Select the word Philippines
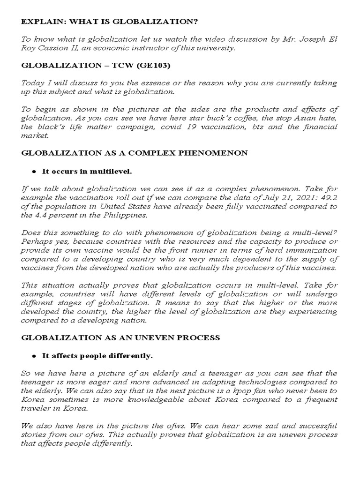[x=124, y=215]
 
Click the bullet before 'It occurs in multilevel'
[x=34, y=172]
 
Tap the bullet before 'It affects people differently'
[x=34, y=356]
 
